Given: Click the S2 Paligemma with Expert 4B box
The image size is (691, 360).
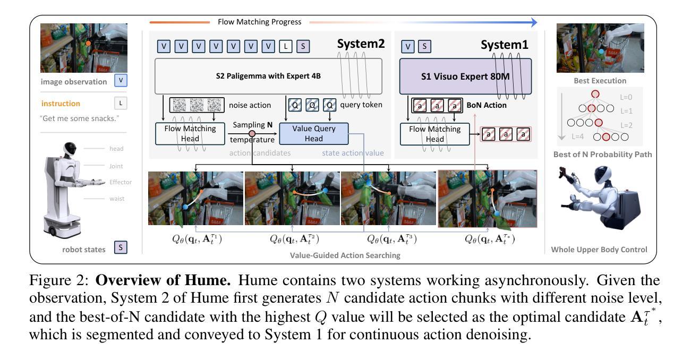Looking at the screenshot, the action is (268, 76).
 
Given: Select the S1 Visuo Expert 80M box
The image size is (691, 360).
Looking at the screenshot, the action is (465, 76).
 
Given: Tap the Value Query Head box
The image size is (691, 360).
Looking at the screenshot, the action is (314, 134).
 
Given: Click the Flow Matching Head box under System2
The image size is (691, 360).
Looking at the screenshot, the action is (190, 134).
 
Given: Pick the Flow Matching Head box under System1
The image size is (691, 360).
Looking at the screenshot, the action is (434, 134).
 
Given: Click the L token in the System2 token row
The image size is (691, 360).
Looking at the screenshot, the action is (286, 47).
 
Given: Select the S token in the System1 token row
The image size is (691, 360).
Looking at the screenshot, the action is (424, 47).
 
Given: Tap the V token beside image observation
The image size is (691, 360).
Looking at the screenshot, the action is (121, 81).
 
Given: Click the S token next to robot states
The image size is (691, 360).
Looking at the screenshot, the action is (121, 247).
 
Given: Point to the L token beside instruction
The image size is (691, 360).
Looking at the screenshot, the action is (121, 104).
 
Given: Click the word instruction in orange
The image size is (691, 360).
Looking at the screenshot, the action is (61, 104).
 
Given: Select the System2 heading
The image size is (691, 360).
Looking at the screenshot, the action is (361, 44).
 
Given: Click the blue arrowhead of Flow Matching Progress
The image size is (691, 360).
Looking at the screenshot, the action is (534, 22).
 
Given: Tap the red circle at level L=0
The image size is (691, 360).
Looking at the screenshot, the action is (595, 94).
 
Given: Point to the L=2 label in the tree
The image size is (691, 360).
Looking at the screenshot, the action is (626, 125).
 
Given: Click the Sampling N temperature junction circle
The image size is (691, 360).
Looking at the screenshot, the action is (252, 134).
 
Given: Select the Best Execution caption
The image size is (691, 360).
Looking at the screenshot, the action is (600, 81).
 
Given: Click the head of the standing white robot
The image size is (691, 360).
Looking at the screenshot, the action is (70, 149).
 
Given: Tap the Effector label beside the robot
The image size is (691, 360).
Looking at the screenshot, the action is (121, 182).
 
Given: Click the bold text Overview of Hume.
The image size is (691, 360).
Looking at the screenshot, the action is (163, 280).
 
